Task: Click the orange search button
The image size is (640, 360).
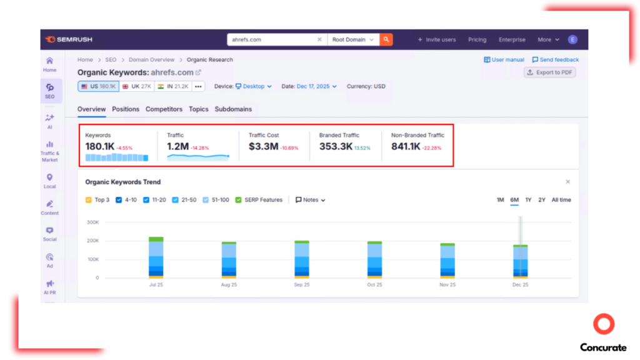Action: [386, 39]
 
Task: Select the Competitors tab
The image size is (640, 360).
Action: [164, 109]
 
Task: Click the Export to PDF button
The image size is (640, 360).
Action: [550, 72]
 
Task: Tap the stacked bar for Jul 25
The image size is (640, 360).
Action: [156, 257]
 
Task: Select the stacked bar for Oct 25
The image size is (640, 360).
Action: [374, 259]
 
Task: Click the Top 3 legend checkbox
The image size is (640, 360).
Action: [89, 200]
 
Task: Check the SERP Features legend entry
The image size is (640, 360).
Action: [238, 200]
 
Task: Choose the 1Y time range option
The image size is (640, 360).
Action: [528, 200]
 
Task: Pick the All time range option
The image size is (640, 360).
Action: [561, 200]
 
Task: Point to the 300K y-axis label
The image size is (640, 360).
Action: [92, 222]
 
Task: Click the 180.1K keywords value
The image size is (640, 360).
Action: [100, 147]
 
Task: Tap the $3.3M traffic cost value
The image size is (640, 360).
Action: [263, 147]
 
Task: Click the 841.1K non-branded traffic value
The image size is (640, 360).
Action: [406, 147]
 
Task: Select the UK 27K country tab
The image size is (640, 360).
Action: [137, 86]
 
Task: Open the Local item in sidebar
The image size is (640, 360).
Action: [50, 181]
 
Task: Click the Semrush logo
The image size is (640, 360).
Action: [69, 39]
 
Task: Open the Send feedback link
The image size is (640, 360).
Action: [555, 60]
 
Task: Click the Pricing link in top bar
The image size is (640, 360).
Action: [477, 39]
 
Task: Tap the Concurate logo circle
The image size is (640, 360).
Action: [604, 324]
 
